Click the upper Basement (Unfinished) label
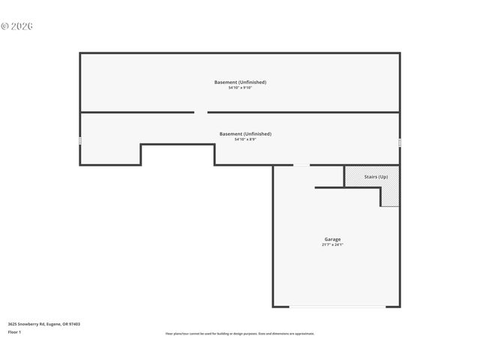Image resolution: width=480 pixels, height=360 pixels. coord(240,82)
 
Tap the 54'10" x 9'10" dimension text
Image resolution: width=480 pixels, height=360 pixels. coord(240,88)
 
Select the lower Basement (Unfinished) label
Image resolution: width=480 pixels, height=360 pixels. coord(245,133)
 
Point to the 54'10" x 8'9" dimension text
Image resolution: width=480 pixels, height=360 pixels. coord(245,139)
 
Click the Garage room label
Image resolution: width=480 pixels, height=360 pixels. coord(332,239)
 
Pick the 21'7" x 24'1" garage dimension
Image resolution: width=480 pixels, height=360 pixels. coord(332,245)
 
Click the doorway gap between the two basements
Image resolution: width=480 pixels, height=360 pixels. coord(201,112)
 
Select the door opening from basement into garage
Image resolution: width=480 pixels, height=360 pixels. coord(301,165)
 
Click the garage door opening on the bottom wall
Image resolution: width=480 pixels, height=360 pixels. coord(336,306)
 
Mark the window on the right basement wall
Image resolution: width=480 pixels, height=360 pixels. coord(400,142)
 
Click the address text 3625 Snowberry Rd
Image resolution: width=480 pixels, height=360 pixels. coord(27,324)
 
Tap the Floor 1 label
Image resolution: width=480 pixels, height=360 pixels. coord(14,331)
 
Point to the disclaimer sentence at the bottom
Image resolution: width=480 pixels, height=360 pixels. coord(240,334)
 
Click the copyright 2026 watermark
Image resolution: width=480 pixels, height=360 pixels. coord(16,26)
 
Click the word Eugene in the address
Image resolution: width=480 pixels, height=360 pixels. coord(55,324)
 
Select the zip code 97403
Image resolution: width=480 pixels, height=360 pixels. coord(75,324)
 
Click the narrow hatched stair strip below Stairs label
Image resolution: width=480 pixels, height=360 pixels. coord(390,196)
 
